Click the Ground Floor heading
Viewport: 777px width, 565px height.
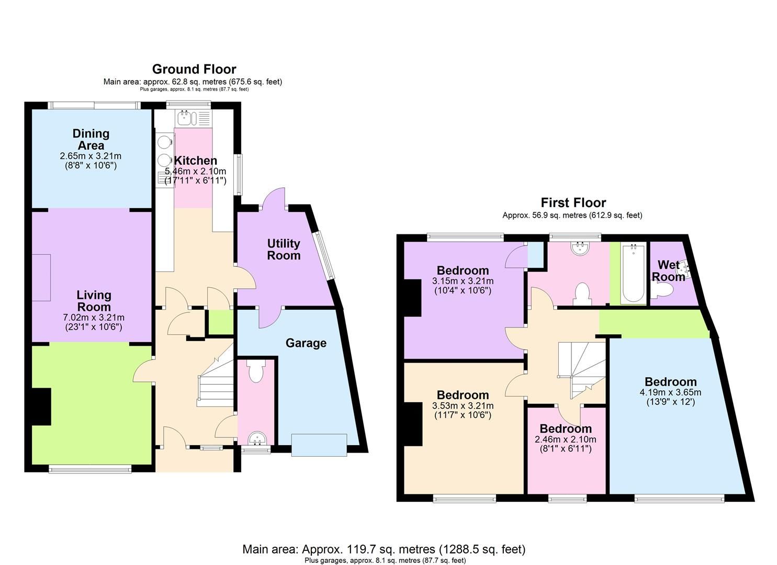coord(194,69)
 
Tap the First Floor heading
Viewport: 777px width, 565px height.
coord(573,202)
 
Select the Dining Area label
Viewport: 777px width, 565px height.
coord(91,140)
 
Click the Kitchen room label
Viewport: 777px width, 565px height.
coord(195,161)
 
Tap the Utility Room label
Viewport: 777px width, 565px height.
coord(284,250)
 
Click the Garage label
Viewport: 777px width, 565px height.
coord(306,343)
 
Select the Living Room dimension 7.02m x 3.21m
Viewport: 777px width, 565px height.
coord(94,318)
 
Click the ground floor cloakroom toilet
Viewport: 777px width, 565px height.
coord(256,372)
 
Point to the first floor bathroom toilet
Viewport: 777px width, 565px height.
coord(581,294)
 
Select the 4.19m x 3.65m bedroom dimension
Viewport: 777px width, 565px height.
coord(670,392)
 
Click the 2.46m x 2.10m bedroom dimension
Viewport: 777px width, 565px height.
coord(566,439)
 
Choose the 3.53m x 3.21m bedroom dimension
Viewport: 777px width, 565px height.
coord(463,405)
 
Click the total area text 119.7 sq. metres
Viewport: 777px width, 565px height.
coord(384,549)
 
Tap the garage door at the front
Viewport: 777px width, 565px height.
coord(319,445)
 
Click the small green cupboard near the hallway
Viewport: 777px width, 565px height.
coord(220,322)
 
